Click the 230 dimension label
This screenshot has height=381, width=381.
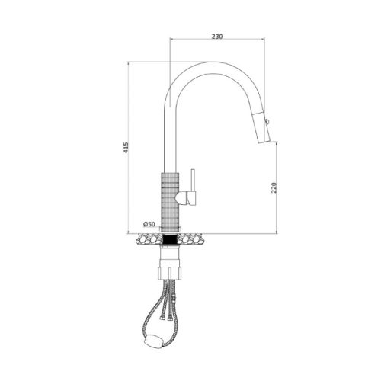pyautogui.click(x=217, y=37)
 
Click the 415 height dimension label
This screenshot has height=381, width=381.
pyautogui.click(x=126, y=148)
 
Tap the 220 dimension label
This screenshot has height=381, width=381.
pyautogui.click(x=274, y=187)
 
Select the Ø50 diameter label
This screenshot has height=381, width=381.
pyautogui.click(x=149, y=224)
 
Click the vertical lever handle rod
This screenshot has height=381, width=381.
pyautogui.click(x=194, y=180)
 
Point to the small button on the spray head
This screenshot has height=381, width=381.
pyautogui.click(x=267, y=122)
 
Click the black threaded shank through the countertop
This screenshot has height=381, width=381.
pyautogui.click(x=170, y=239)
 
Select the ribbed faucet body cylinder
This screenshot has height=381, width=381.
pyautogui.click(x=170, y=202)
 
